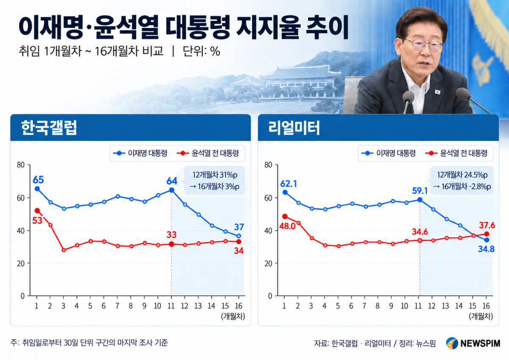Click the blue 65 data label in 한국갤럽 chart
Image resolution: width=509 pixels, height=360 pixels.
38,180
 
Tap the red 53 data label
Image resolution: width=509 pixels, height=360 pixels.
37,220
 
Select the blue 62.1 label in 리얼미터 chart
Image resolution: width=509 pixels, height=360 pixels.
288,184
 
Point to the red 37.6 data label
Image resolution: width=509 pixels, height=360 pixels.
487,225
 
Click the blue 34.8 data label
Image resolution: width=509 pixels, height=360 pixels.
486,249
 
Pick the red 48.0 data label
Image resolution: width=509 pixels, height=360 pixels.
287,226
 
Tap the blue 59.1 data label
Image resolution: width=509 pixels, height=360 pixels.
420,191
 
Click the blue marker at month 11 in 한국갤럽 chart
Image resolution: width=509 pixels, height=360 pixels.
171,190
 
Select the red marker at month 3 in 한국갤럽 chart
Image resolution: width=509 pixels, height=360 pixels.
64,250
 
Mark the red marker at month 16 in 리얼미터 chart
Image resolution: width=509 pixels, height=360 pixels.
487,234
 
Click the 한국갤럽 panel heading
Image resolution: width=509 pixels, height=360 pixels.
49,128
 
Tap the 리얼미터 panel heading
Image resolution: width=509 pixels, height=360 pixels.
294,128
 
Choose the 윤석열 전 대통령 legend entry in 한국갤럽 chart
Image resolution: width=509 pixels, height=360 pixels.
208,153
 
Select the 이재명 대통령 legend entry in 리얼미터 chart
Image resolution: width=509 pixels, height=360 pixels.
389,153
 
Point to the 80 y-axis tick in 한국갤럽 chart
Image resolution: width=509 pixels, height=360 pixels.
21,165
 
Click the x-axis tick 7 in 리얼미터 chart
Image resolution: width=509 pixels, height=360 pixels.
364,306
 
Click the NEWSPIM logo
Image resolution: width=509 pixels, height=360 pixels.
473,343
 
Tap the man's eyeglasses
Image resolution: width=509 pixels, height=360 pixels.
424,44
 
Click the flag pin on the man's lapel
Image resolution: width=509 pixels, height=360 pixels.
437,92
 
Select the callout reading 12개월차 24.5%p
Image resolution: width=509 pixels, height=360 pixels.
462,175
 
